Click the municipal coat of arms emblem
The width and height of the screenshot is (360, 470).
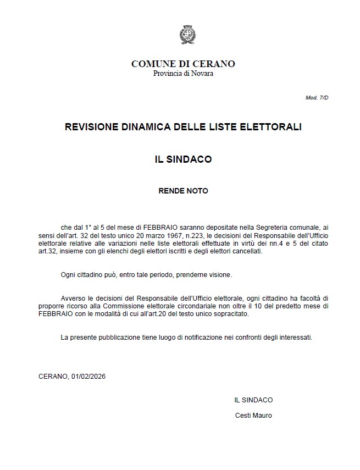point(186,35)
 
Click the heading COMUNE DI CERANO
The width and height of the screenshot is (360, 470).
point(183,64)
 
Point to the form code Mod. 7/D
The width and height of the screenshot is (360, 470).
point(317,97)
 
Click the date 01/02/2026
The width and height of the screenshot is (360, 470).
point(88,377)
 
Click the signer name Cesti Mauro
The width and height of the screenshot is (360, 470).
point(253,416)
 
